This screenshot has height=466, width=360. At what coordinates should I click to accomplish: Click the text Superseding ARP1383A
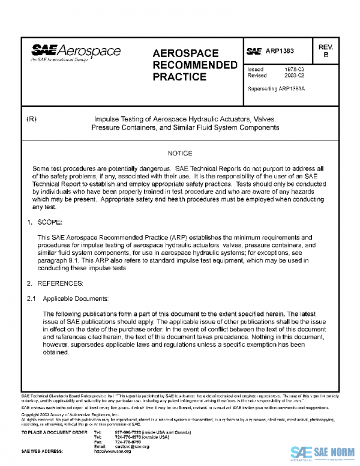276,88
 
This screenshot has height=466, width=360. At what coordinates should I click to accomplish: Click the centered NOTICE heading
179,154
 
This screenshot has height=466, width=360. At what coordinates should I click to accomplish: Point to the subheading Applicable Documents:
73,297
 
